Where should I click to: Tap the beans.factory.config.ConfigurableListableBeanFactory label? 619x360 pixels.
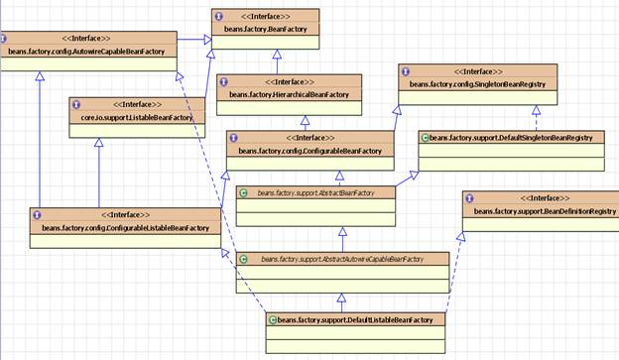click(x=125, y=228)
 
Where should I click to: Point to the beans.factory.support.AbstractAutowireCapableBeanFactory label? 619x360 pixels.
click(x=342, y=259)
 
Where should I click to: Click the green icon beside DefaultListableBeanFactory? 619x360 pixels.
click(x=272, y=319)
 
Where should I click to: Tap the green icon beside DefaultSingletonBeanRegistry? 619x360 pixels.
click(x=425, y=137)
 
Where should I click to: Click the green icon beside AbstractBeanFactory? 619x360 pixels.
click(x=245, y=192)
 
